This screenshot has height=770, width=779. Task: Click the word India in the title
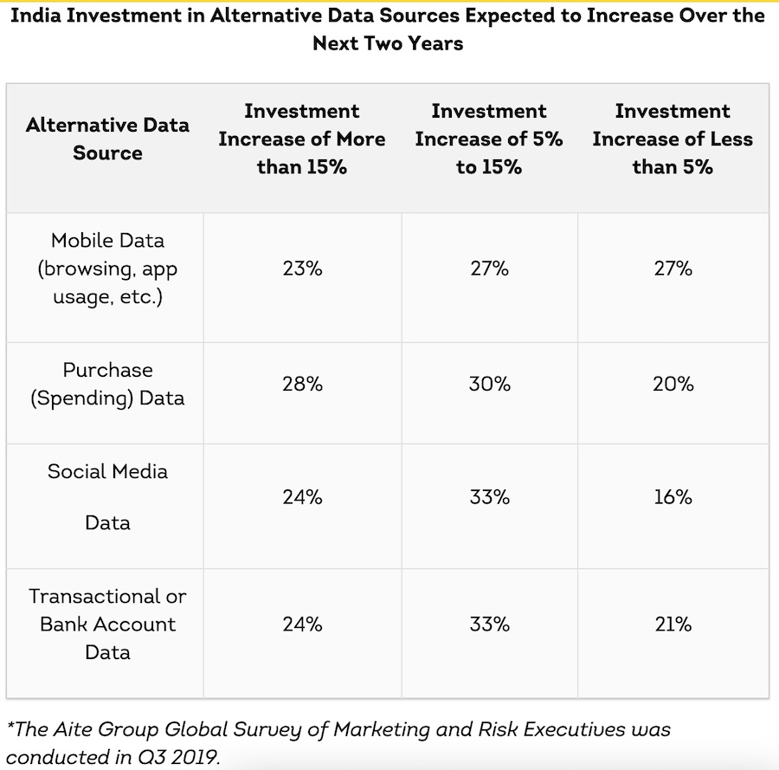[x=35, y=16]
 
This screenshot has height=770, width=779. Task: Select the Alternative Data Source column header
[x=107, y=139]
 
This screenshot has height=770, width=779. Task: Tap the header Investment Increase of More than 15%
[x=302, y=139]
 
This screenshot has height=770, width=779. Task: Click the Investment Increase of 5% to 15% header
[x=489, y=139]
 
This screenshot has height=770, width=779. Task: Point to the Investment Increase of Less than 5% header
[x=673, y=139]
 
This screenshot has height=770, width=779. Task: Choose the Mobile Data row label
[x=107, y=269]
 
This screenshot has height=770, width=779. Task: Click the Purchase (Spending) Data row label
[x=107, y=384]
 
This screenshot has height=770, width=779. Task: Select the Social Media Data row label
[x=107, y=497]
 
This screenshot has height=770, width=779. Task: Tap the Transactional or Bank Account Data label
[x=107, y=624]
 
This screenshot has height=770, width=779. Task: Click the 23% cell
[x=302, y=269]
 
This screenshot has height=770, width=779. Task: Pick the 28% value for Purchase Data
[x=302, y=384]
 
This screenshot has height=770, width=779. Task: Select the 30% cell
[x=489, y=384]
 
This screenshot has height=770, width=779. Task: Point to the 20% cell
[x=673, y=384]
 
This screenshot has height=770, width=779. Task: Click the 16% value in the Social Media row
[x=673, y=497]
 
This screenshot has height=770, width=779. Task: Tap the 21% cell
[x=673, y=624]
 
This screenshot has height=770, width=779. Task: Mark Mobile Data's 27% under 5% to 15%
[x=489, y=269]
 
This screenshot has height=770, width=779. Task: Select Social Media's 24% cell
[x=302, y=497]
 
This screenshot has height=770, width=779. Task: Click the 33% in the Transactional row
[x=489, y=624]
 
